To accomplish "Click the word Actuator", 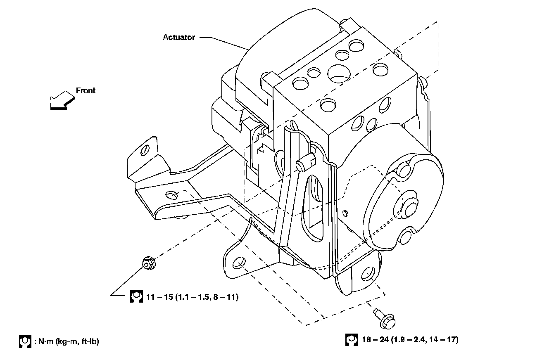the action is pos(179,37).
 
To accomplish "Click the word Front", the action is pos(86,90).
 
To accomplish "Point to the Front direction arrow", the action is pos(62,101).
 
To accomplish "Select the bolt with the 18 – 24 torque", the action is pos(385,318).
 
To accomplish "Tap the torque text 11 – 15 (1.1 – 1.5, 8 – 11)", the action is pos(193,297).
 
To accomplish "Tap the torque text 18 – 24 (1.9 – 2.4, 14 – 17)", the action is pos(410,339).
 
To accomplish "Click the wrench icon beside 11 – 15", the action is pos(136,296).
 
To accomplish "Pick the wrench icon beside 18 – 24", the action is pos(352,340).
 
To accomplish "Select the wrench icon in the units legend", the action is pos(25,341).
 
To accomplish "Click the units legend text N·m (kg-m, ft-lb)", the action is pos(67,341).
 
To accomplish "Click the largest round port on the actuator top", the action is pos(339,73).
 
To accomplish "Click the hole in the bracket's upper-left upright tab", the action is pos(145,150).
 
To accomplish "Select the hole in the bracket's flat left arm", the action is pos(171,194).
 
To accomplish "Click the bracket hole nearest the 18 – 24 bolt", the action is pos(368,275).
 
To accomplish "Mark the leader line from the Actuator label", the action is pos(224,43).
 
